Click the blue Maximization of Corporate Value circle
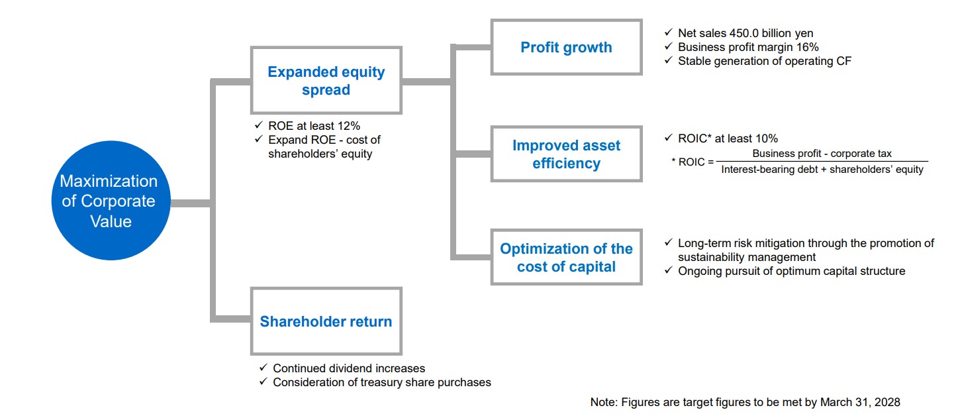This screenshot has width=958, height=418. pyautogui.click(x=111, y=200)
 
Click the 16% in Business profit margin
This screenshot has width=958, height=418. pyautogui.click(x=808, y=47)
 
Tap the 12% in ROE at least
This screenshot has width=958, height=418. pyautogui.click(x=348, y=126)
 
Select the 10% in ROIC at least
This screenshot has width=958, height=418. pyautogui.click(x=767, y=138)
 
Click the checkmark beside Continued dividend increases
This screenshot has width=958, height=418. pyautogui.click(x=263, y=367)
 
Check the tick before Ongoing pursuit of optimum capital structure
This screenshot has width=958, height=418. pyautogui.click(x=669, y=270)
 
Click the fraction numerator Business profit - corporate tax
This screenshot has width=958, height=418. pyautogui.click(x=822, y=153)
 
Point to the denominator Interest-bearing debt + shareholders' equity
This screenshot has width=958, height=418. pyautogui.click(x=822, y=170)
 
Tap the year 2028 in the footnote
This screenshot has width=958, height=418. pyautogui.click(x=887, y=402)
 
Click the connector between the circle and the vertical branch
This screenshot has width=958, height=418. pyautogui.click(x=191, y=203)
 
